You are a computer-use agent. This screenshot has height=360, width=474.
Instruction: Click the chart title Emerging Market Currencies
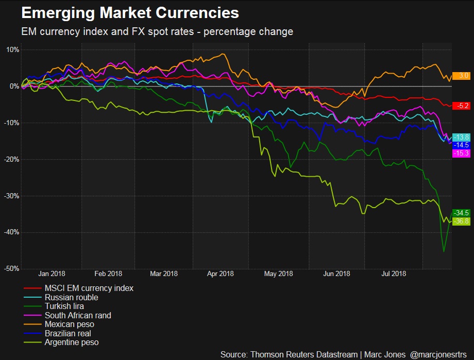(x=130, y=12)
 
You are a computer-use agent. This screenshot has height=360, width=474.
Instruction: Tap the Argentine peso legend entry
(x=72, y=342)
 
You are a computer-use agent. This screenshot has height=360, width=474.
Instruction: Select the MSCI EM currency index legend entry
(x=89, y=288)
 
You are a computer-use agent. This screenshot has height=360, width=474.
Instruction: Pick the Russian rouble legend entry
(x=71, y=297)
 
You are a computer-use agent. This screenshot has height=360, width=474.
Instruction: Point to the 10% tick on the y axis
(x=12, y=50)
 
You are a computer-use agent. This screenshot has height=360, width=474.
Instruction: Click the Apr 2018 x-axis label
(x=220, y=274)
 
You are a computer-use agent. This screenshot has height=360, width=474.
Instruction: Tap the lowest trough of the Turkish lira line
(x=444, y=251)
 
